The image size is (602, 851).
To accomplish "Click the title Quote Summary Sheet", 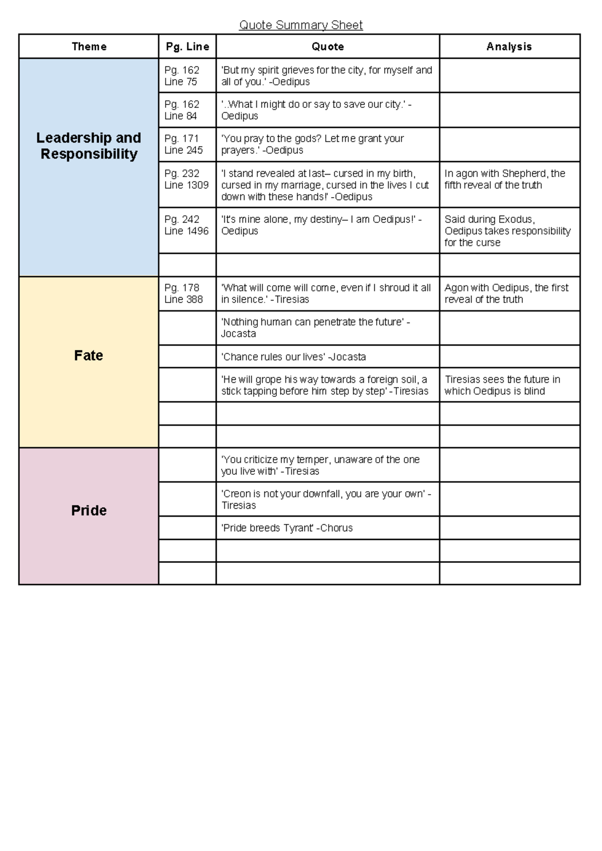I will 300,25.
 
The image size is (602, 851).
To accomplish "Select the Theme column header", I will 89,47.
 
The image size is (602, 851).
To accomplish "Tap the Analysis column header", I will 509,47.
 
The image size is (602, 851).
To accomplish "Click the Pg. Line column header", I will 187,47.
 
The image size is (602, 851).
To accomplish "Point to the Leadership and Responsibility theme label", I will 89,146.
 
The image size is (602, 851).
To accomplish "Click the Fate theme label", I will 88,355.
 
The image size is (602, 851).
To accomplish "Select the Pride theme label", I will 89,510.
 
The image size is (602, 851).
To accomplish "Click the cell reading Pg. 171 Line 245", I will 184,144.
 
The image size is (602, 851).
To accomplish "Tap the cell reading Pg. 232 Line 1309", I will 186,179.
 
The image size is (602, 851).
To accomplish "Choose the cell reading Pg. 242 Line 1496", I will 186,225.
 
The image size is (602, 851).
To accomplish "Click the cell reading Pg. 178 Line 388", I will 184,294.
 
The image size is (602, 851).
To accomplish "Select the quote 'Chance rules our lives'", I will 293,357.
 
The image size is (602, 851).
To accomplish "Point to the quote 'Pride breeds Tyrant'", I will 287,528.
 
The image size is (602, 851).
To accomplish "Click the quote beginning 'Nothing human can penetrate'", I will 316,328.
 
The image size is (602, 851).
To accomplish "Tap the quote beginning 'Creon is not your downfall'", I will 326,499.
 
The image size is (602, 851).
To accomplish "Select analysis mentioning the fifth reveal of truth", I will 505,179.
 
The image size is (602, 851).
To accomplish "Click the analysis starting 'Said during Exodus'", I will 507,231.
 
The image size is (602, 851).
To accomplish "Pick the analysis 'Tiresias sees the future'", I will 502,385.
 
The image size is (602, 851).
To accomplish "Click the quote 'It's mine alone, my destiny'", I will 321,225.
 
